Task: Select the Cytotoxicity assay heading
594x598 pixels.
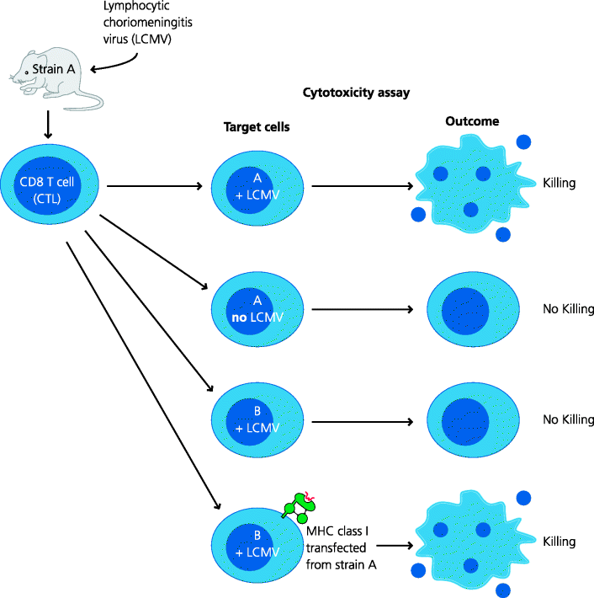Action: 355,93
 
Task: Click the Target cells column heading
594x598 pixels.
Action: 257,127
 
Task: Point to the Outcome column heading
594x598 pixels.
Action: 471,121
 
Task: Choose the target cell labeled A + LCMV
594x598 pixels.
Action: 257,186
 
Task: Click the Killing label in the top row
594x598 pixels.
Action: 560,183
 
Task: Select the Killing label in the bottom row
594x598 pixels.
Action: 560,540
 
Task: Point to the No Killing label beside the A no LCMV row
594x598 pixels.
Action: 568,309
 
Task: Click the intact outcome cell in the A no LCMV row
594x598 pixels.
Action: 467,309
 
